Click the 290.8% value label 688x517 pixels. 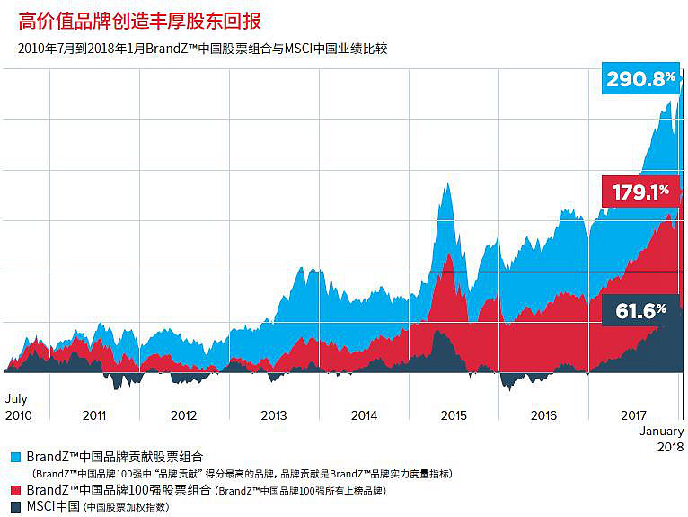pyautogui.click(x=641, y=79)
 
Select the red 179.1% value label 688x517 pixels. pyautogui.click(x=640, y=191)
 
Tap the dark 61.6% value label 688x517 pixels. pyautogui.click(x=640, y=311)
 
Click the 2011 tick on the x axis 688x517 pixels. pyautogui.click(x=94, y=415)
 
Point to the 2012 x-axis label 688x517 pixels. pyautogui.click(x=184, y=415)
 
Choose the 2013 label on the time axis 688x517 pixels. pyautogui.click(x=274, y=415)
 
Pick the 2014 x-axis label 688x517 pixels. pyautogui.click(x=364, y=415)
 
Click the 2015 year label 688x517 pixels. pyautogui.click(x=454, y=415)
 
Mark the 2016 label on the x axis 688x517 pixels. pyautogui.click(x=543, y=415)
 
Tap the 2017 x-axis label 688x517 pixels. pyautogui.click(x=634, y=415)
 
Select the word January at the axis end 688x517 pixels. pyautogui.click(x=661, y=432)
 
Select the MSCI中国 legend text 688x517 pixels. pyautogui.click(x=53, y=507)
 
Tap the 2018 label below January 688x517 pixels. pyautogui.click(x=669, y=447)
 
